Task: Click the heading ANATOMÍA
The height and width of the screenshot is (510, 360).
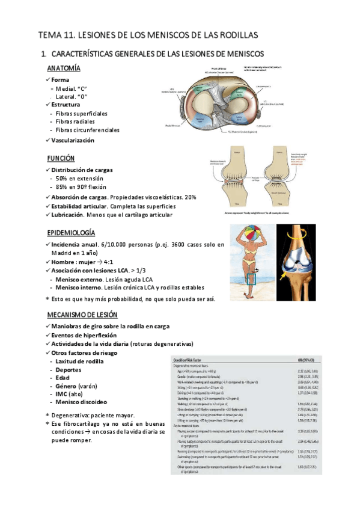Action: pos(64,68)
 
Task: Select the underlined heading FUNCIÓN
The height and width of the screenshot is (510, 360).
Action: pos(61,158)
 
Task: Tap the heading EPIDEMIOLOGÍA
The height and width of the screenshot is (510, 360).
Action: pos(71,233)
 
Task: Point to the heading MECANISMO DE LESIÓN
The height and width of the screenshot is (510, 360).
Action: pos(82,315)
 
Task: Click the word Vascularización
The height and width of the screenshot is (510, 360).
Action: pos(73,140)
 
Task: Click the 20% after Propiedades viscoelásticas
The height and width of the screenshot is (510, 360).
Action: pos(191,197)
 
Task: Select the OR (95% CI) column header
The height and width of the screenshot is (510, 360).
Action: pos(321,360)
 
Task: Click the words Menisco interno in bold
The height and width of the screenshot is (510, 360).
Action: pos(78,287)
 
